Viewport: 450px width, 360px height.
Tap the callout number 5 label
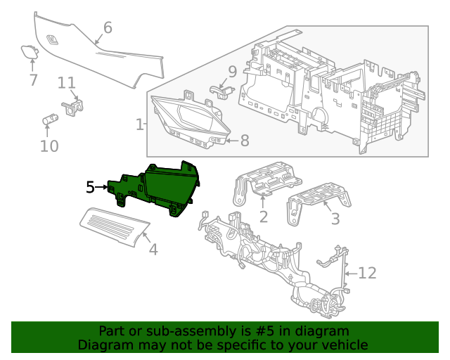click(90, 187)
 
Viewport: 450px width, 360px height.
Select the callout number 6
click(108, 27)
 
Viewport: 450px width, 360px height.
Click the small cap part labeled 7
click(30, 51)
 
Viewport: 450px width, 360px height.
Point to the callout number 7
click(33, 79)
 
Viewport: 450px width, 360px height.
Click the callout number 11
click(67, 83)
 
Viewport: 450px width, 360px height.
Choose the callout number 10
click(49, 146)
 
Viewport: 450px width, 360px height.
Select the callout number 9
click(233, 71)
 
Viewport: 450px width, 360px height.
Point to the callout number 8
click(245, 141)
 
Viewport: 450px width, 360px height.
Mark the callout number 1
click(139, 124)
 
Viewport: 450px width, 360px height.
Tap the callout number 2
click(263, 217)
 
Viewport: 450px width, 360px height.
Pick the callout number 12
click(368, 273)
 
